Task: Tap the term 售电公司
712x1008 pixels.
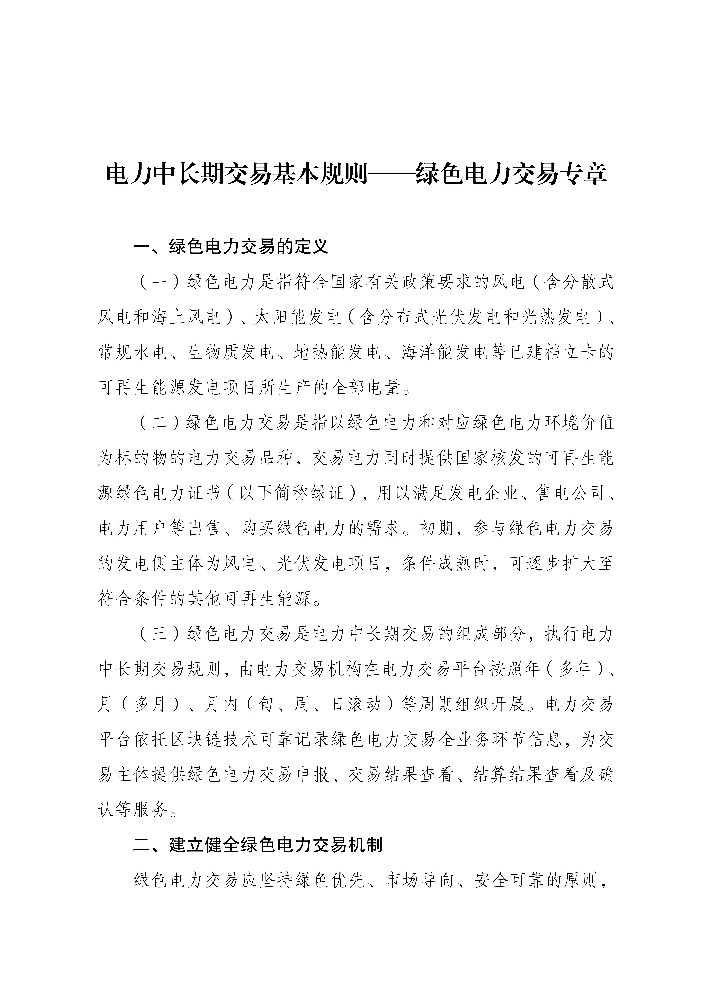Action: pyautogui.click(x=570, y=493)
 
